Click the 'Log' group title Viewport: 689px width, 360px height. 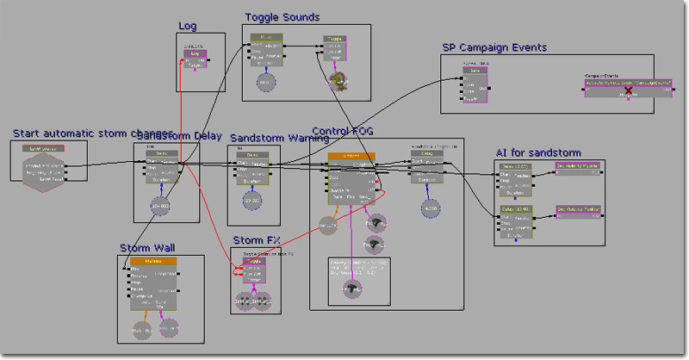[x=188, y=26]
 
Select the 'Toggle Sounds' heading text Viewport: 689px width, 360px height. [x=282, y=17]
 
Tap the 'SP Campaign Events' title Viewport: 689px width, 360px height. [x=494, y=48]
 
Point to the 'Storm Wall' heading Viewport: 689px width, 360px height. [x=147, y=248]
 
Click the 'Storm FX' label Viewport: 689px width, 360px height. [x=257, y=239]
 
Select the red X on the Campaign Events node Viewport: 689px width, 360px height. [x=629, y=90]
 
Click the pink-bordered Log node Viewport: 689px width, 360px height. [x=196, y=58]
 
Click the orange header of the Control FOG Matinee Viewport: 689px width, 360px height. [x=351, y=157]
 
